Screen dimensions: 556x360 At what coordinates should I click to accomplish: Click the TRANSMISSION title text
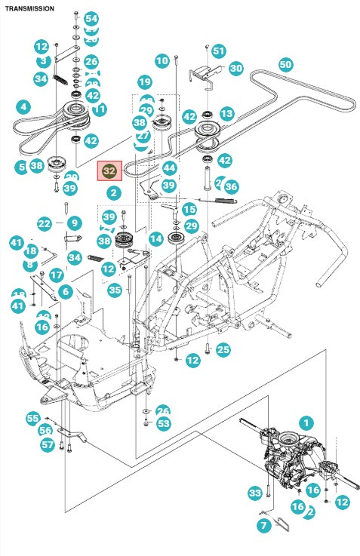(x=30, y=8)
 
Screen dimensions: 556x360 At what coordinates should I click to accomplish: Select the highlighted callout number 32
(x=110, y=171)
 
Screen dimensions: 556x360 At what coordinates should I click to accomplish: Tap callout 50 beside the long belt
(x=285, y=64)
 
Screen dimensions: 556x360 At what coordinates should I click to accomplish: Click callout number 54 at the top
(x=91, y=18)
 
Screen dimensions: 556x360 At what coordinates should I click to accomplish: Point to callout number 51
(x=219, y=51)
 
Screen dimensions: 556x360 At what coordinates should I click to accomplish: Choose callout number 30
(x=236, y=69)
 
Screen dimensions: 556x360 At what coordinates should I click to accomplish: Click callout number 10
(x=162, y=60)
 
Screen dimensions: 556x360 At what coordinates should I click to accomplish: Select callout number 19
(x=145, y=81)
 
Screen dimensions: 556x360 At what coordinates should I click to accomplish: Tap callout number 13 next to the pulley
(x=226, y=113)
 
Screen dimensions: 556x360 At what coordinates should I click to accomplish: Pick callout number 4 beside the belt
(x=24, y=107)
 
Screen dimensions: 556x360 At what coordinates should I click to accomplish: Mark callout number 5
(x=20, y=166)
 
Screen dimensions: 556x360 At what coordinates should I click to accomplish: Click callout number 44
(x=169, y=167)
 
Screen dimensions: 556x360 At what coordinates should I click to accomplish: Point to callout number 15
(x=189, y=209)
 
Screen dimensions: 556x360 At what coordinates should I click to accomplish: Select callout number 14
(x=156, y=239)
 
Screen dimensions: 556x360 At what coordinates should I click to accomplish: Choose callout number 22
(x=45, y=223)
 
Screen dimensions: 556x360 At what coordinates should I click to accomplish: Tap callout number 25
(x=223, y=349)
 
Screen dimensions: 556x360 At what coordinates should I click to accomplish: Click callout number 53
(x=164, y=424)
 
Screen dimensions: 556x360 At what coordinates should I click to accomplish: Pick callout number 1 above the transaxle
(x=306, y=422)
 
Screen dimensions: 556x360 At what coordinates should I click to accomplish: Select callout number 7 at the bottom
(x=263, y=525)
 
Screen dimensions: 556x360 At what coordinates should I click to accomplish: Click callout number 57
(x=48, y=445)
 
